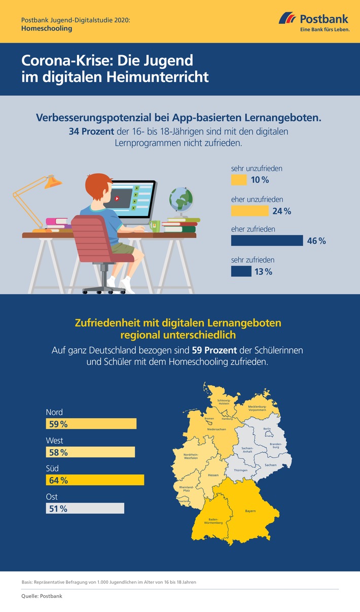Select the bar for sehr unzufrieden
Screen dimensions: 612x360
[239, 180]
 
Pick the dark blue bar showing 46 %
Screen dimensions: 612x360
[267, 240]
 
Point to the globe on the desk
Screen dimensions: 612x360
[182, 198]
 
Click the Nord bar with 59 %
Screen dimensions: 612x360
[91, 424]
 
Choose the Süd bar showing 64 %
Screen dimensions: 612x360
[95, 480]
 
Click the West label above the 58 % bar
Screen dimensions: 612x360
[54, 441]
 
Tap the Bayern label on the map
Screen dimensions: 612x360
[250, 511]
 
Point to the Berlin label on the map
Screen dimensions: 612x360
[267, 429]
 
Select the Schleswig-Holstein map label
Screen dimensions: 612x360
[224, 401]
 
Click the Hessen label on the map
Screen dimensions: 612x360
[213, 475]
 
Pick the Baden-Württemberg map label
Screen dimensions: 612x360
[213, 521]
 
